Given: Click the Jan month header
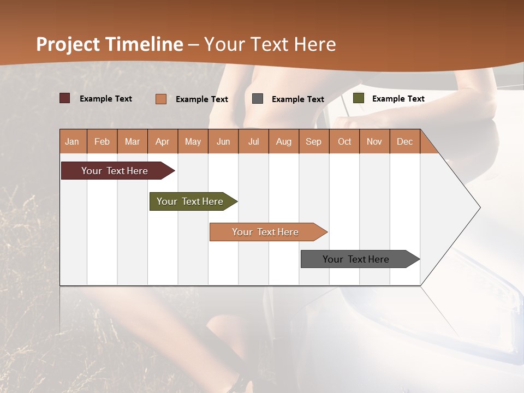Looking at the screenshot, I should tap(72, 141).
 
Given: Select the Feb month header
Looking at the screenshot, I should tap(102, 141).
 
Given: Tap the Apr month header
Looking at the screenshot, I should tap(163, 141).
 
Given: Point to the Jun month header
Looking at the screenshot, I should tap(223, 141).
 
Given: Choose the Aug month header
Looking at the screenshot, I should tap(284, 141).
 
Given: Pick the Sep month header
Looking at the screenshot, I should tap(314, 141).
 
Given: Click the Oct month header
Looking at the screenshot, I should tap(344, 141).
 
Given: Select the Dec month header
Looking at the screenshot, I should tap(405, 141).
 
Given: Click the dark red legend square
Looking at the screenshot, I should tap(65, 98).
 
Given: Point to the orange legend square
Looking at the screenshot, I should tap(161, 99).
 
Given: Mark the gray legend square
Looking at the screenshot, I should tap(258, 99).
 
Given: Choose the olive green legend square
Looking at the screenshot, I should tap(359, 98).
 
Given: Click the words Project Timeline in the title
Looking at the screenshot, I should tap(110, 44).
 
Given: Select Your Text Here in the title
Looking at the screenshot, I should tap(270, 44).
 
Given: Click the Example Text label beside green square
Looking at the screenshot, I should tap(398, 99).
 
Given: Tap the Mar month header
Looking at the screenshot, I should tap(132, 141).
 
